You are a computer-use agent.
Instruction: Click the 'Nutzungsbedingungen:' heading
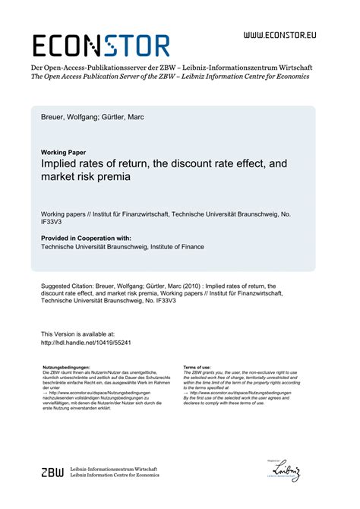point(61,366)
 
